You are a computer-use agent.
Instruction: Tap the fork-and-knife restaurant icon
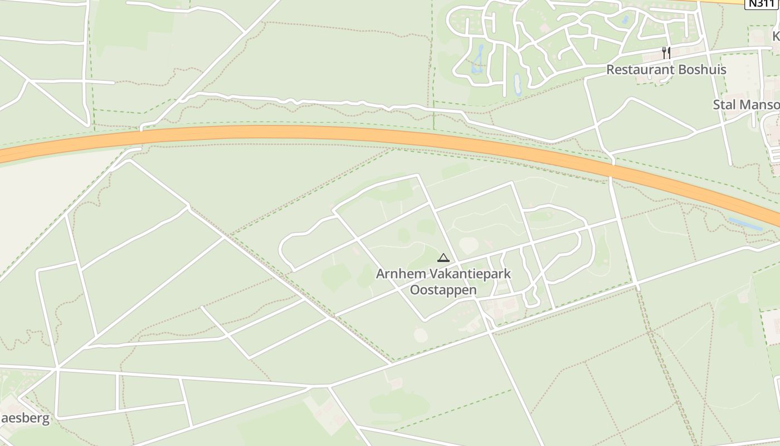pyautogui.click(x=666, y=53)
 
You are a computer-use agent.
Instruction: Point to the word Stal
pyautogui.click(x=724, y=105)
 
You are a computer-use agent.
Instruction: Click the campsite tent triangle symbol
pyautogui.click(x=443, y=258)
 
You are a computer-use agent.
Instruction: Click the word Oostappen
pyautogui.click(x=443, y=290)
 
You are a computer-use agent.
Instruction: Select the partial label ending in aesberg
pyautogui.click(x=25, y=419)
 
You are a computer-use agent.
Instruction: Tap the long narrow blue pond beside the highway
pyautogui.click(x=745, y=224)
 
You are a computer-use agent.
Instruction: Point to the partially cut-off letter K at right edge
pyautogui.click(x=776, y=36)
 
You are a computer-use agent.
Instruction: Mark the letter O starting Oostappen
pyautogui.click(x=415, y=290)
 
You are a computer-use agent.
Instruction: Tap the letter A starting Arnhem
pyautogui.click(x=381, y=274)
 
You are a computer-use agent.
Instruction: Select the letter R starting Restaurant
pyautogui.click(x=610, y=70)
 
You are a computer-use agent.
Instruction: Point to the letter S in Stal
pyautogui.click(x=717, y=105)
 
